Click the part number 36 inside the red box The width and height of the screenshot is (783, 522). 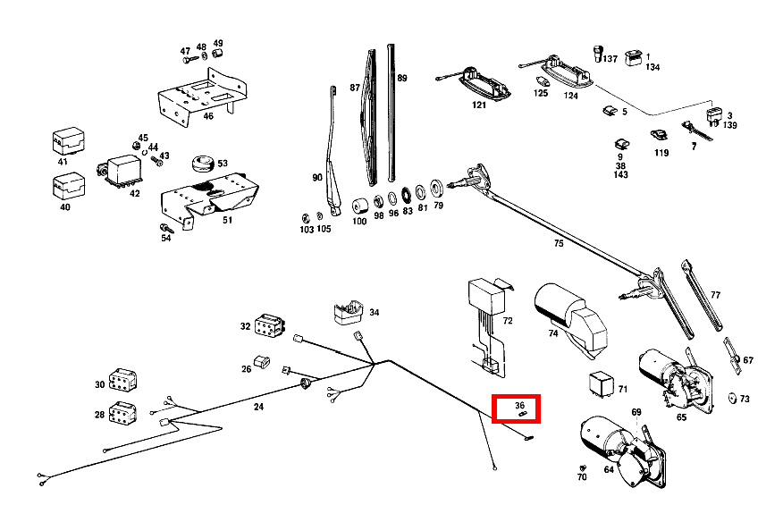(520, 404)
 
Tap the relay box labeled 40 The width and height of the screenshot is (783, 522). (67, 186)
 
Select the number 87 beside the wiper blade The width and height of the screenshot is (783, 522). (355, 88)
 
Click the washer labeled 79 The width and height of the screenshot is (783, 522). (438, 189)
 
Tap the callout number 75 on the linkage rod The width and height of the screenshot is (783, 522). (559, 242)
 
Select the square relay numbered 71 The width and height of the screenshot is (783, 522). (600, 383)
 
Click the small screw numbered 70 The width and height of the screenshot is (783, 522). (583, 468)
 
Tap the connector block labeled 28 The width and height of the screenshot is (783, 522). (122, 414)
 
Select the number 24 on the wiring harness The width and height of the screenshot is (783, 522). (258, 407)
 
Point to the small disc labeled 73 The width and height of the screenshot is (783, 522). (732, 398)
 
